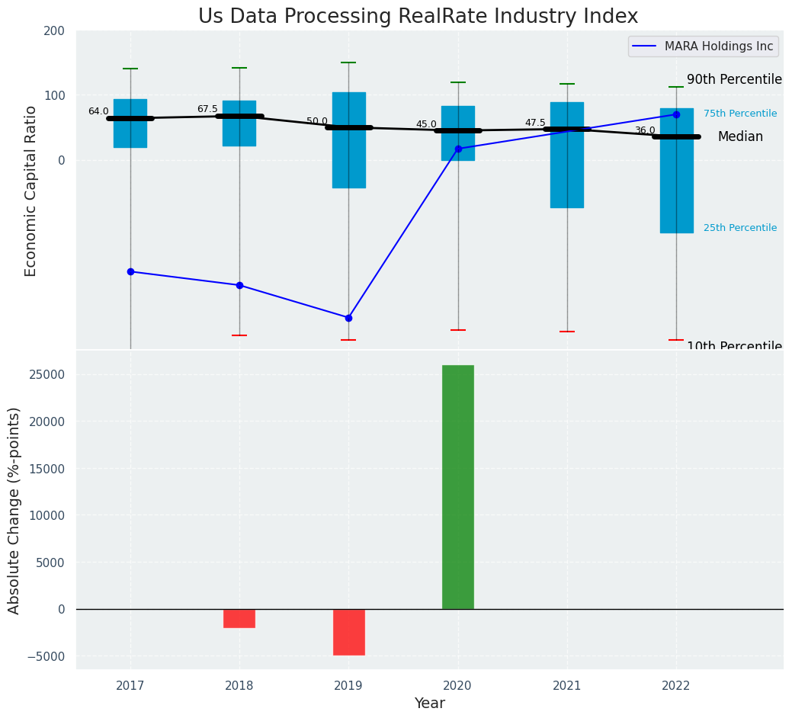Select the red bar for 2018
[x=239, y=618]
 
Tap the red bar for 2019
[x=348, y=632]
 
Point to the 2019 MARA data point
[x=348, y=318]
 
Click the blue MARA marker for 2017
[x=130, y=271]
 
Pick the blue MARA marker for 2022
[x=676, y=114]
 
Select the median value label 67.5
[x=207, y=109]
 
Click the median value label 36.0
[x=645, y=130]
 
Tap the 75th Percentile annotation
[x=739, y=114]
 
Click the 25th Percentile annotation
[x=739, y=228]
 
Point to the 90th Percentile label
[x=734, y=79]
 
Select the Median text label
[x=739, y=137]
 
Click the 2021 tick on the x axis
[x=567, y=686]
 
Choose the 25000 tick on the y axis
[x=48, y=375]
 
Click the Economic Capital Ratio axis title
[x=31, y=191]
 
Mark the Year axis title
[x=429, y=704]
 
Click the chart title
[x=418, y=17]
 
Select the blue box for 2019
[x=348, y=140]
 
